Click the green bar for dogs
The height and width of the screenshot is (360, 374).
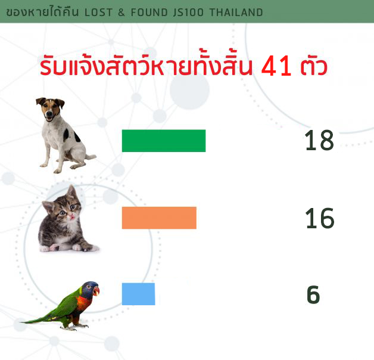tap(164, 141)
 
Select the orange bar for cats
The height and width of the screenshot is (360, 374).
tap(159, 218)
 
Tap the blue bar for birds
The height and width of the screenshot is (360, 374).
tap(138, 294)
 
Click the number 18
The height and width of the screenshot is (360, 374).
tap(319, 140)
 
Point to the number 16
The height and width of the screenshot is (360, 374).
tap(320, 218)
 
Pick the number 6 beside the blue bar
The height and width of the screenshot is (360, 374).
tap(313, 294)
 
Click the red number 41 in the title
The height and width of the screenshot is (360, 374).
tap(276, 66)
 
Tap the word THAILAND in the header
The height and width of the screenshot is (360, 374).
tap(236, 13)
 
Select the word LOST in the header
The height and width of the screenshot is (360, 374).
tap(98, 13)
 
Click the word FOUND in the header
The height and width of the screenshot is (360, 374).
tap(149, 13)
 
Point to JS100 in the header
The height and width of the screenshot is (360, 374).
tap(188, 13)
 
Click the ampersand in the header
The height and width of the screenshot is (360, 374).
tap(121, 13)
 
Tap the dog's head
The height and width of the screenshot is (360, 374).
tap(51, 109)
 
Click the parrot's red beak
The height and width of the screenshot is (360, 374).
tap(96, 291)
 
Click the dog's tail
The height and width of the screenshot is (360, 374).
tap(91, 157)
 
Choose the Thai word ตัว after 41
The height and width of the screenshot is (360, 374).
tap(314, 66)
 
